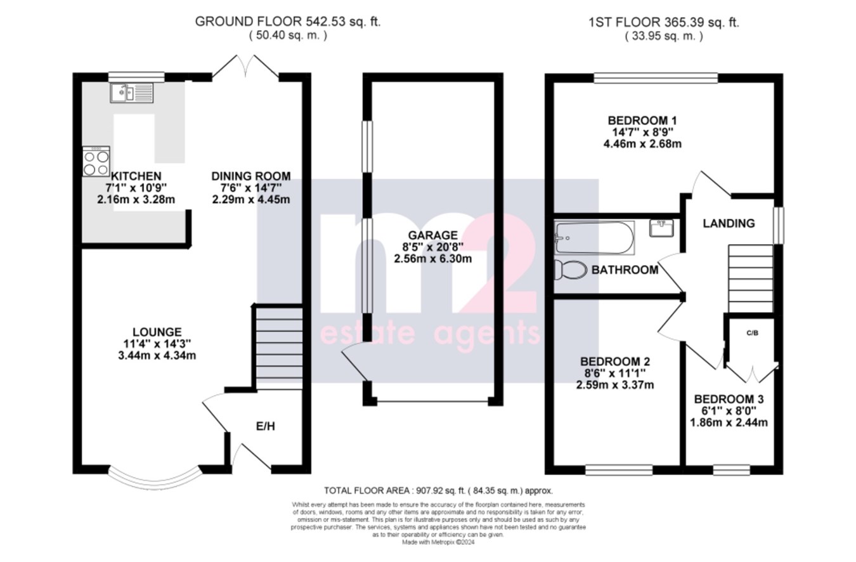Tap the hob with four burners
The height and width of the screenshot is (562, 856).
pyautogui.click(x=96, y=162)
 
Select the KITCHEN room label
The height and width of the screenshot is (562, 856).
pyautogui.click(x=136, y=176)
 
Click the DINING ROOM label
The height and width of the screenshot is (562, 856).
pyautogui.click(x=251, y=176)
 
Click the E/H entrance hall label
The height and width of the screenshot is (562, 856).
pyautogui.click(x=266, y=426)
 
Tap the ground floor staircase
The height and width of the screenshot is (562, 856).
pyautogui.click(x=278, y=348)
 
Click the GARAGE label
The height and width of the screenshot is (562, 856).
pyautogui.click(x=433, y=235)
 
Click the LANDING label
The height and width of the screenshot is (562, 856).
pyautogui.click(x=729, y=223)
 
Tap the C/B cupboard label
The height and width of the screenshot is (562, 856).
pyautogui.click(x=752, y=332)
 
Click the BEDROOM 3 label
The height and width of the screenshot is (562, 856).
pyautogui.click(x=729, y=400)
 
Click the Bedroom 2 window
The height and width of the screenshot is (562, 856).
pyautogui.click(x=618, y=470)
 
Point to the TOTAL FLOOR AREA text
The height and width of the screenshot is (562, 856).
pyautogui.click(x=438, y=490)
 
